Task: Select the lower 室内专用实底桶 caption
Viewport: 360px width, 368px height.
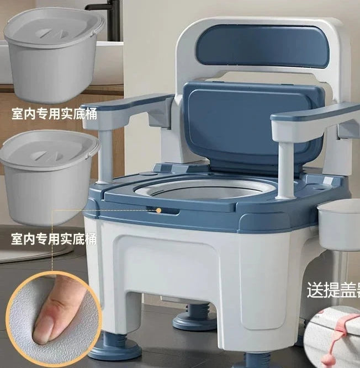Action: coord(54,239)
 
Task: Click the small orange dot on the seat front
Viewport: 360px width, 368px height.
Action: coord(159,210)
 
